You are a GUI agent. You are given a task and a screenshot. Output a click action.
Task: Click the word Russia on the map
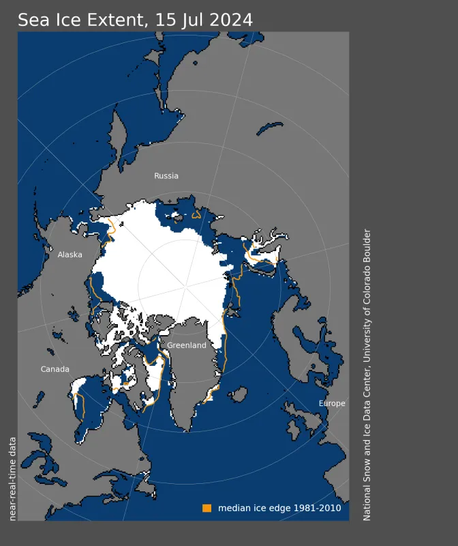(x=166, y=176)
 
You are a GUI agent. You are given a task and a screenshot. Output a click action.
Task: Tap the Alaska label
(x=70, y=255)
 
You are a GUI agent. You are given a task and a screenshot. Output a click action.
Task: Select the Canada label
(x=55, y=369)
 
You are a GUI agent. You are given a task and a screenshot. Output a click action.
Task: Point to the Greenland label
(x=186, y=345)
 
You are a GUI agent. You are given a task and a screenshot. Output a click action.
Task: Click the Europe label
(x=332, y=403)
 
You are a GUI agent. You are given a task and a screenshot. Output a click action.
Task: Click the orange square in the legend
(x=207, y=508)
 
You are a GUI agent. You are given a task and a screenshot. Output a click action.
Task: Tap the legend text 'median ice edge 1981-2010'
(x=279, y=508)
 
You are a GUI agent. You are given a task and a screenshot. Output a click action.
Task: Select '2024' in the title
(x=230, y=20)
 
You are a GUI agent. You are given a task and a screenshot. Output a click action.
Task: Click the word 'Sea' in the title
(x=33, y=20)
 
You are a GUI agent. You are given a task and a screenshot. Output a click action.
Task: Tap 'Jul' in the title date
(x=190, y=20)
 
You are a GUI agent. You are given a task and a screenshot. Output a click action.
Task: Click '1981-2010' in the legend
(x=319, y=508)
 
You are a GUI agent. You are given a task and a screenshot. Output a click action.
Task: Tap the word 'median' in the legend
(x=233, y=508)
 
